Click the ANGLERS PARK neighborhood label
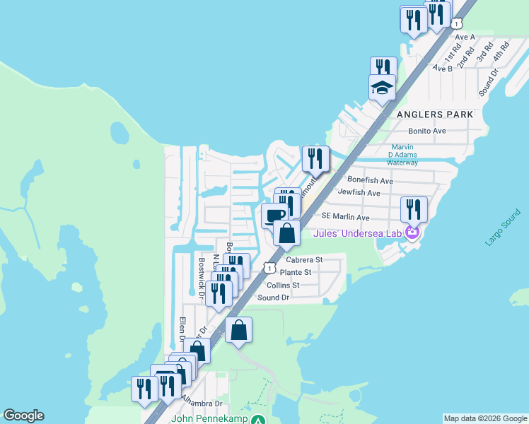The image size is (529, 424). [434, 114]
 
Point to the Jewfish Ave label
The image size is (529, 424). [359, 192]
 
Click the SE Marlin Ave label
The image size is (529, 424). [346, 218]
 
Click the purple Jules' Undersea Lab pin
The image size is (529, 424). [413, 232]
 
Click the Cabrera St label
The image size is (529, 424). [304, 259]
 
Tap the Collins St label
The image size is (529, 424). [284, 285]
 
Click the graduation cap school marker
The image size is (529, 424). [382, 88]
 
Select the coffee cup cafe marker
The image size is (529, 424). [274, 215]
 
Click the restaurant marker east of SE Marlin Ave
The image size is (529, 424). [414, 209]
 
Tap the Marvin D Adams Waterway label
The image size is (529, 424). [403, 155]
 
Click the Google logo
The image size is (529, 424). [23, 416]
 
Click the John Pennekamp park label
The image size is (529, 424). [212, 419]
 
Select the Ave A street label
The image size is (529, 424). [465, 37]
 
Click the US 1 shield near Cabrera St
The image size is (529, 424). [269, 267]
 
